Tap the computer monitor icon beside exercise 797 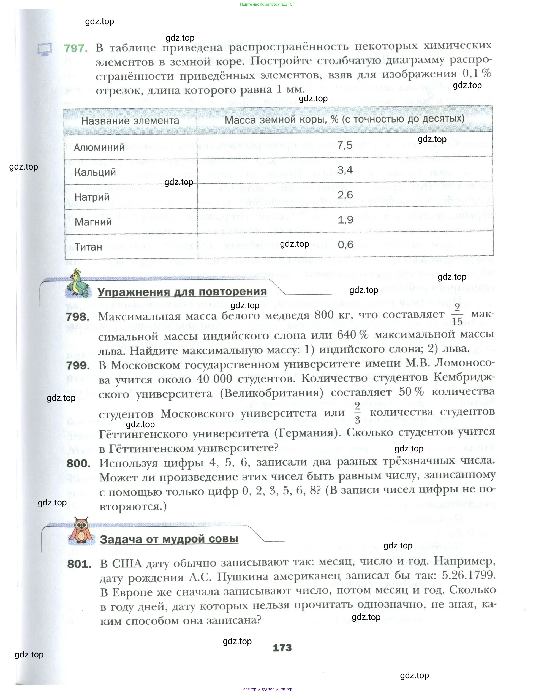tap(45, 50)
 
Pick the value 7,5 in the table tap(345, 146)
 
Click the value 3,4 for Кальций tap(345, 170)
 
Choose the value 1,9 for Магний tap(345, 220)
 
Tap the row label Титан tap(88, 247)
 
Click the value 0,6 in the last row tap(345, 245)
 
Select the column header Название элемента tap(130, 121)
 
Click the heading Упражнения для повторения tap(182, 292)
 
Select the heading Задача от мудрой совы tap(169, 539)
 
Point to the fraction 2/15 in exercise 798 tap(457, 315)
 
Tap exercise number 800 tap(78, 464)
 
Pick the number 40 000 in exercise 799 tap(214, 379)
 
